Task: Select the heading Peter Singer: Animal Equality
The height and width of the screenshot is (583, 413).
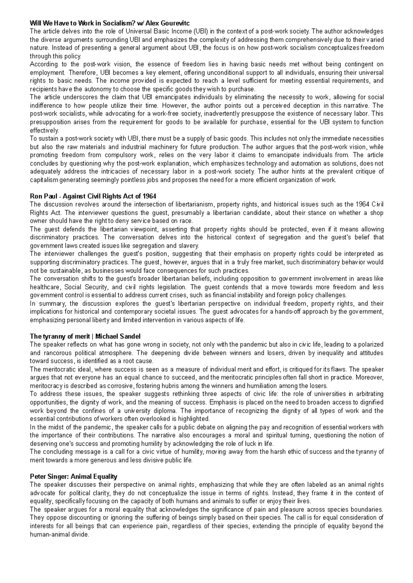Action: coord(74,477)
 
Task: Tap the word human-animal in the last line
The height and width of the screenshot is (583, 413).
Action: coord(59,534)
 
